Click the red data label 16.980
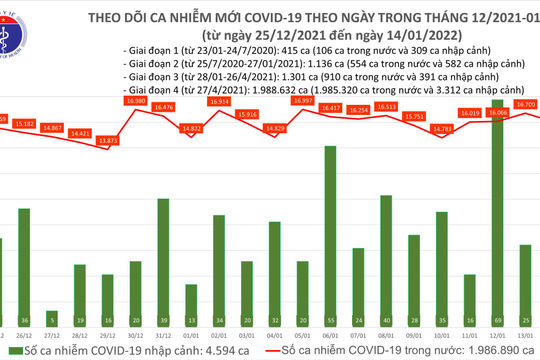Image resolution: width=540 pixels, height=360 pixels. click(136, 101)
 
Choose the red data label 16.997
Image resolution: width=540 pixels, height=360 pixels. click(303, 101)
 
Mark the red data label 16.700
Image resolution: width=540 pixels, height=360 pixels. click(525, 103)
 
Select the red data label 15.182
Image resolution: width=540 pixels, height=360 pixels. click(24, 123)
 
